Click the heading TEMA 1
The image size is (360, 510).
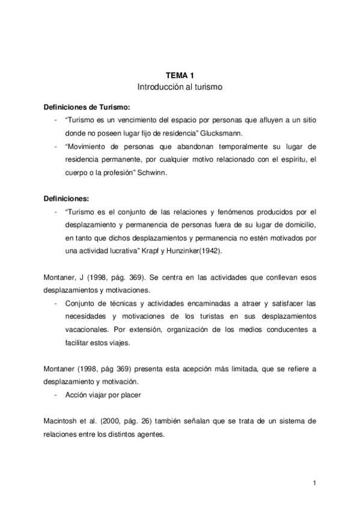click(180, 75)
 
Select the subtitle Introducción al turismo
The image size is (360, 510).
click(180, 87)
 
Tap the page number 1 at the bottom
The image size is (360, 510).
click(314, 483)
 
